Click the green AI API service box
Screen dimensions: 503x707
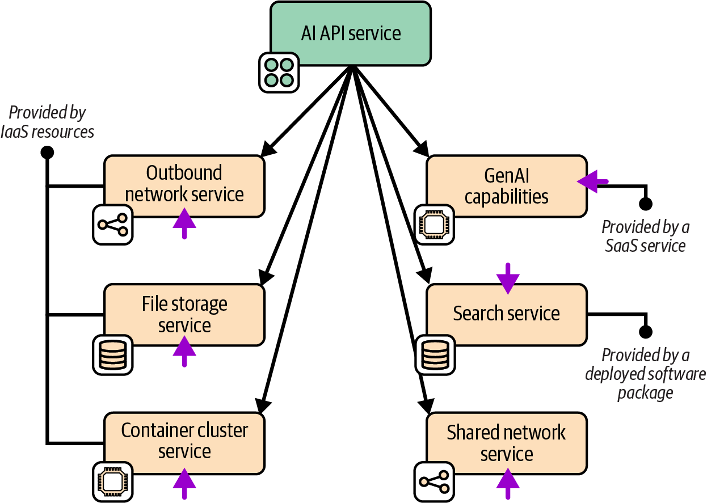(350, 33)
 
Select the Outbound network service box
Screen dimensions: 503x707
(184, 185)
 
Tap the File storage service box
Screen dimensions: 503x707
(184, 314)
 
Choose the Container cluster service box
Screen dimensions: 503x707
(184, 441)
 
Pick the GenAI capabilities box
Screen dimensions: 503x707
(506, 185)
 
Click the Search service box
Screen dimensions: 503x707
(506, 314)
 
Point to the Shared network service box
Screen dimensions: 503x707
(506, 443)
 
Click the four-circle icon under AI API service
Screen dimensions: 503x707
(279, 72)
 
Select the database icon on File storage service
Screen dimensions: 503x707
(112, 354)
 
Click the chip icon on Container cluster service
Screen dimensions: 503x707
(112, 482)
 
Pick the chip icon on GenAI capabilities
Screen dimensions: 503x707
(435, 225)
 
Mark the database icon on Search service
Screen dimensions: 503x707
(435, 354)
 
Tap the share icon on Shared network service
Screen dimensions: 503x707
(434, 482)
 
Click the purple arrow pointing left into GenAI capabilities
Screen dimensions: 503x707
(592, 181)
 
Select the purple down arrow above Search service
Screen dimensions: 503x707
(507, 278)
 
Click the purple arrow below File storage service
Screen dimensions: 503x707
(184, 352)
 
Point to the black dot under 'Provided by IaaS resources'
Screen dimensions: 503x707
(48, 152)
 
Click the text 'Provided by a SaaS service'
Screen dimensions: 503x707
(645, 236)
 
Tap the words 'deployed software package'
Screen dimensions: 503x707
(645, 383)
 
